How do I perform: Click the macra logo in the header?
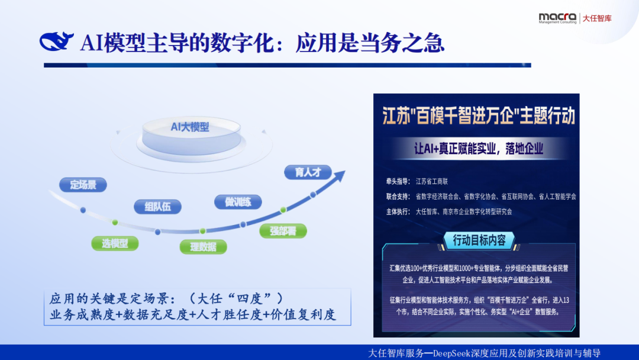[557, 18]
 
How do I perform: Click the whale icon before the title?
[57, 42]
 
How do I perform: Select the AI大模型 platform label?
[190, 127]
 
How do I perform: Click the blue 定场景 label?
[83, 185]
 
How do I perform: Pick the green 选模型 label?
[114, 243]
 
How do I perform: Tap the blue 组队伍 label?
[157, 206]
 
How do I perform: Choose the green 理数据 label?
[203, 247]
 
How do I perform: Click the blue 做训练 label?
[238, 202]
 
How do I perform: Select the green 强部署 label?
[283, 231]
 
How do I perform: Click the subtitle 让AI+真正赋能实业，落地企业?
[478, 148]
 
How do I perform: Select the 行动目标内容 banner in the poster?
[479, 240]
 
